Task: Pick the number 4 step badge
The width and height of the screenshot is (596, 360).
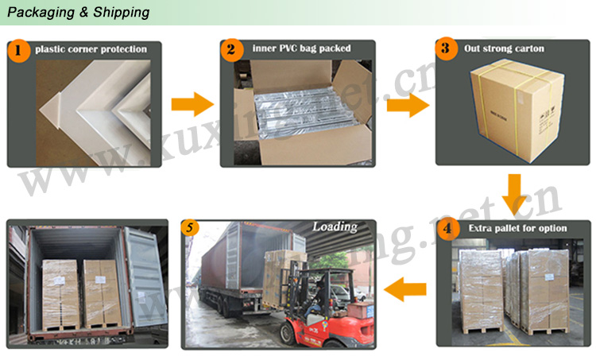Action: point(450,230)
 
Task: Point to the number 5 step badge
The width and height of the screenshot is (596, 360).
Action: point(188,226)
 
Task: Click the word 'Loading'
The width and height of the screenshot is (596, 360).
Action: point(335,227)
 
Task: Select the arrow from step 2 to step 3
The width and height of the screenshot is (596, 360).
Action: point(408,103)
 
